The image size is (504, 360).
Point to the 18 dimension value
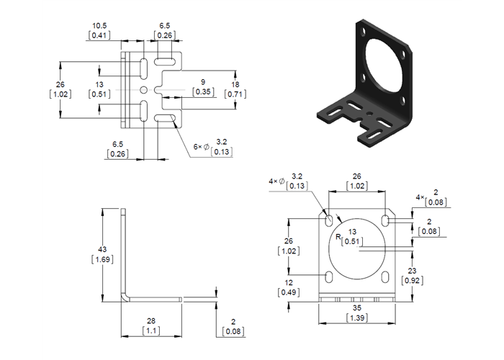(236, 84)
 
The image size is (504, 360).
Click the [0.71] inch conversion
(236, 94)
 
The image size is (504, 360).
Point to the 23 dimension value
(426, 271)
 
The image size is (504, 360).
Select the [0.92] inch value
(426, 281)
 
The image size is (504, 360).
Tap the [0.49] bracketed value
(288, 292)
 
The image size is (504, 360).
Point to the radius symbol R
(337, 235)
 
